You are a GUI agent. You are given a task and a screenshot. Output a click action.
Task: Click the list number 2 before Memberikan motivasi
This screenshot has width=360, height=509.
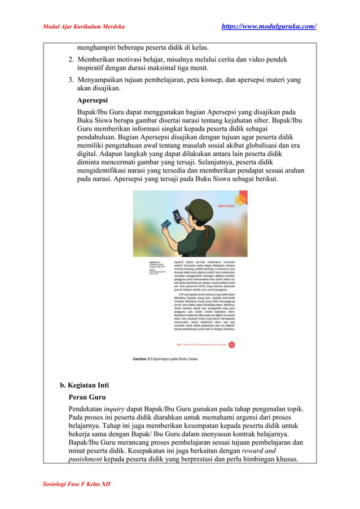point(71,59)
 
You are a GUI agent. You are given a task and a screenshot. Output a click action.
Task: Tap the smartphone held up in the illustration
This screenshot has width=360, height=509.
point(175,217)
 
